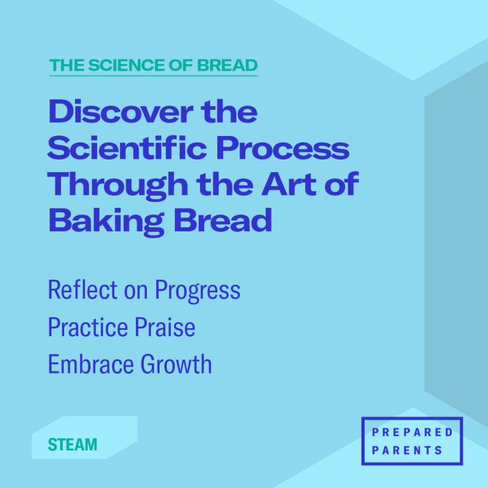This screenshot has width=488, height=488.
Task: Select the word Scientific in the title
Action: tap(127, 149)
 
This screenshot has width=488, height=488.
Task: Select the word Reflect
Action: tap(83, 290)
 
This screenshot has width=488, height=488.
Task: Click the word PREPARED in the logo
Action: tap(411, 433)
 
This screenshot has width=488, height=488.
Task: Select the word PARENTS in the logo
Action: tap(411, 451)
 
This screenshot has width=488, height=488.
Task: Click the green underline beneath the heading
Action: tap(153, 76)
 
